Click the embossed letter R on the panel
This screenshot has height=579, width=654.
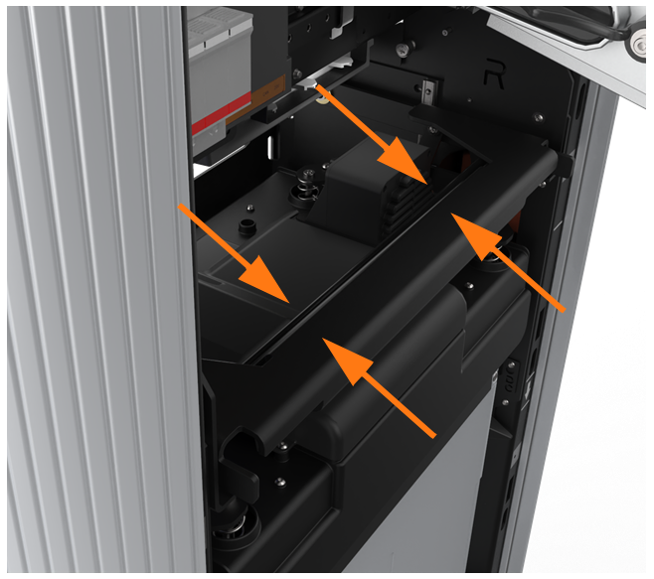[494, 74]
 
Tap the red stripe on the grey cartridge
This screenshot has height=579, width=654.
[221, 113]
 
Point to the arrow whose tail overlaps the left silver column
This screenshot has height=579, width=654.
[234, 253]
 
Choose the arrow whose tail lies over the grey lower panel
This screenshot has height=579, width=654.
[379, 387]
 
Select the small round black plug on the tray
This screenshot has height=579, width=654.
[247, 226]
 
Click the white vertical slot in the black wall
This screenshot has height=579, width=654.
[270, 147]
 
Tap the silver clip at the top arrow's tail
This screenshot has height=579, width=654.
[308, 84]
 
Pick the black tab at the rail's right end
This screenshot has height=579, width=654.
[565, 165]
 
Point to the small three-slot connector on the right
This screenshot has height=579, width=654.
[511, 378]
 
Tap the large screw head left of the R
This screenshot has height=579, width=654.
[403, 51]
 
